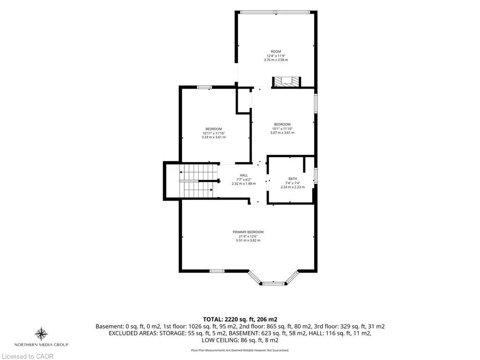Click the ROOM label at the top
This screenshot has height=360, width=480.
pos(276,52)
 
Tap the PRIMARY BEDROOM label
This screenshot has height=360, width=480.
pos(248,232)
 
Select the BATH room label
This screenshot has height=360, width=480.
pos(292,179)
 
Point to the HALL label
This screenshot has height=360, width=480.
pos(244,175)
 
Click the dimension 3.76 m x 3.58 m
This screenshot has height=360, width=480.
pos(276,60)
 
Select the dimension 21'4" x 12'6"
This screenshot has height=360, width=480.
pos(248,236)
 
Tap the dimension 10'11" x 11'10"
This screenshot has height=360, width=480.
pos(214,133)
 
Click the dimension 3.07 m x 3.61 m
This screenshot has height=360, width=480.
pos(282,133)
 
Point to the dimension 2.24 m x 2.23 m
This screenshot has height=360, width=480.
pos(292,187)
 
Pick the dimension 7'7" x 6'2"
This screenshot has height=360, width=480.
pos(244,180)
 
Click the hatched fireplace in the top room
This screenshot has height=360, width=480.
pos(287,82)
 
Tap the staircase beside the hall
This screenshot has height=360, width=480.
pos(196,181)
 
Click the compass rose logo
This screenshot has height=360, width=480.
pos(41,334)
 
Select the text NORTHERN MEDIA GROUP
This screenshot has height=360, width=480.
pos(41,345)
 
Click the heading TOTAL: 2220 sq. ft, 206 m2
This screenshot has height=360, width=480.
pos(240,319)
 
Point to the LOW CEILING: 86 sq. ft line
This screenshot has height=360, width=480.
pos(240,340)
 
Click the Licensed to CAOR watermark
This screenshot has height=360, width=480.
pos(27,356)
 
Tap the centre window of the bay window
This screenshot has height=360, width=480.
pos(274,284)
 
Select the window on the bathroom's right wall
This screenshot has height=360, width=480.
pos(315,175)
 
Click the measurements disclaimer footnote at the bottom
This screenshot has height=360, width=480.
pos(240,350)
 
